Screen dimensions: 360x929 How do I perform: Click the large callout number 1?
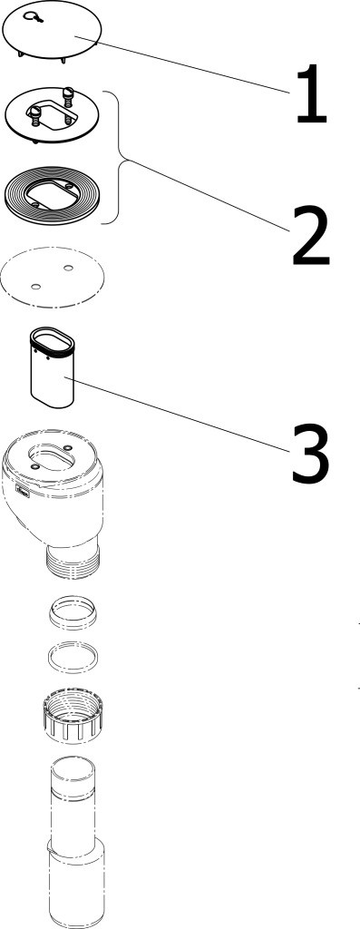[312, 94]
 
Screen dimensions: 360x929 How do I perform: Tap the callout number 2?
[310, 235]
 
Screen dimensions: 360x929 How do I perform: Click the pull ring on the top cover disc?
[34, 16]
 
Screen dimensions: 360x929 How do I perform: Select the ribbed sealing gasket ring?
[52, 195]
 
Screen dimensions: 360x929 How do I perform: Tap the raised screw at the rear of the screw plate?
[67, 93]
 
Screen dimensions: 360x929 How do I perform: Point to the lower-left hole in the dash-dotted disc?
[35, 288]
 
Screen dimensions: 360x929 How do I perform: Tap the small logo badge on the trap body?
[23, 491]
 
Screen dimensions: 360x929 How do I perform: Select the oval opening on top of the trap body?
[53, 459]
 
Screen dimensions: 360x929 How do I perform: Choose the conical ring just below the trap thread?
[73, 611]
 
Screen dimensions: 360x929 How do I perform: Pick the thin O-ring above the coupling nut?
[73, 659]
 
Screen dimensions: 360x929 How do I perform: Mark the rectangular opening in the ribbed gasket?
[53, 195]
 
